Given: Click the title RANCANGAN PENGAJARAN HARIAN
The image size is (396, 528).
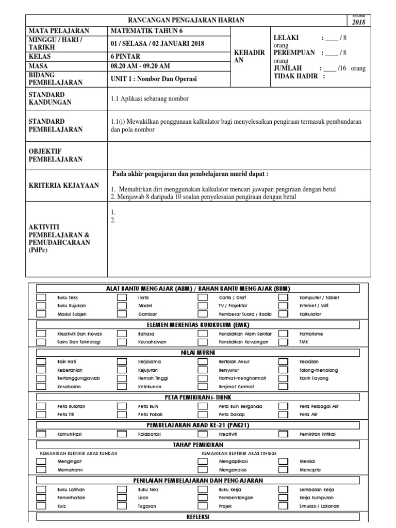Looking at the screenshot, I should pos(187,20).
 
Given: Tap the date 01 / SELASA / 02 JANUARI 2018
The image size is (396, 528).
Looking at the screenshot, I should pos(157,43).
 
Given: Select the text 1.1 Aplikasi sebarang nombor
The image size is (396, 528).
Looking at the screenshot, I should pos(150,98).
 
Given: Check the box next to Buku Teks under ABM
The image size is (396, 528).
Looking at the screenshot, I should pos(41,298).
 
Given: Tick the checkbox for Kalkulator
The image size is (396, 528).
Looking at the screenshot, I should pos(284,313).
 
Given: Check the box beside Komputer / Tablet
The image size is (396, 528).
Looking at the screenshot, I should pos(284,298).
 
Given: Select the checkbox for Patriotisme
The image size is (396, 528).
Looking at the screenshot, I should pos(284,334).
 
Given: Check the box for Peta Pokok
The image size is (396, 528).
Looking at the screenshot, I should pos(122,414).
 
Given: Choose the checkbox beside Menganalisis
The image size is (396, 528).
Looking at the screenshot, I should pos(203,470).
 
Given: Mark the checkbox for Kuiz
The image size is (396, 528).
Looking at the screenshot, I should pos(41,506).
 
